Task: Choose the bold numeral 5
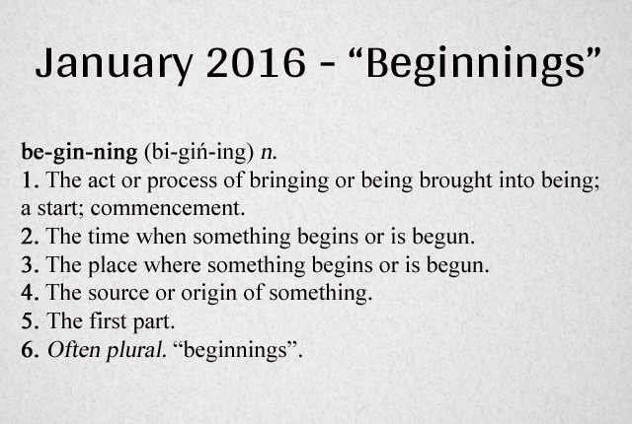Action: (27, 320)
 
